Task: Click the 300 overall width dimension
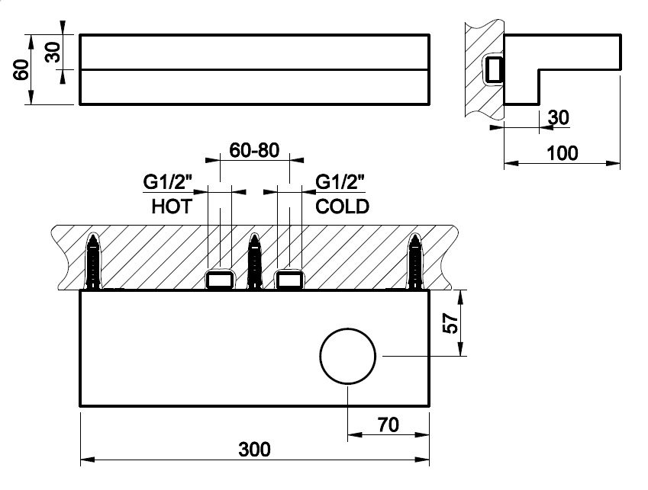click(x=254, y=449)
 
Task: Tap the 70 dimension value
click(x=389, y=424)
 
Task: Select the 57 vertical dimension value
click(x=450, y=324)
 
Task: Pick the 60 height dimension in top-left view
click(x=21, y=69)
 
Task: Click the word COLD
click(x=342, y=207)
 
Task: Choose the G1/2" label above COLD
click(x=340, y=183)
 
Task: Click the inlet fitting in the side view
click(x=495, y=69)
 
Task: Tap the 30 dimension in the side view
click(x=558, y=118)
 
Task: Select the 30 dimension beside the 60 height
click(x=52, y=52)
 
